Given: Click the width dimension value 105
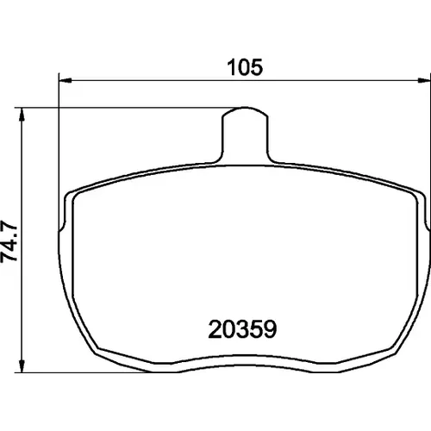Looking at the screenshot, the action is pos(245,67).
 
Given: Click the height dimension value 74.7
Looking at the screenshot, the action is pos(9,241).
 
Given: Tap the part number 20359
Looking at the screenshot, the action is pos(242,329).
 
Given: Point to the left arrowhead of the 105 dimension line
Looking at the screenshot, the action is pos(65,80).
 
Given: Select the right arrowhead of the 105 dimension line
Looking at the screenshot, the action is pos(424,80).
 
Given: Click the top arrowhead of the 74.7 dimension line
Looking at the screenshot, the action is pos(22,115).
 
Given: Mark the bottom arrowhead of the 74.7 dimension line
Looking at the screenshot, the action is pos(22,366).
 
